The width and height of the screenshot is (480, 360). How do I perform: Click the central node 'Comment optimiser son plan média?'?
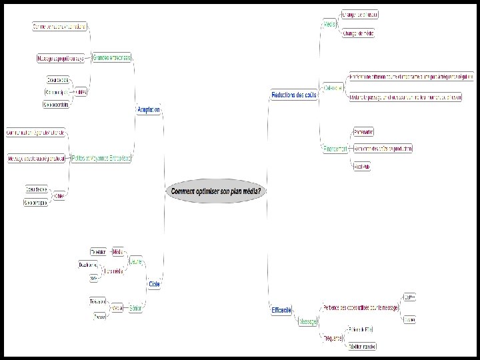coord(217,191)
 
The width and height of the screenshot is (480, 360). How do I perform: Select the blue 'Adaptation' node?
coord(149,109)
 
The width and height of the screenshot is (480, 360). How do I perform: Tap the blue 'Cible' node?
coord(155,283)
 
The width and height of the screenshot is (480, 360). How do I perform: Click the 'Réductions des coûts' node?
coord(294,95)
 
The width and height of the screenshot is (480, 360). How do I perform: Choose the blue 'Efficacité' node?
coord(281,310)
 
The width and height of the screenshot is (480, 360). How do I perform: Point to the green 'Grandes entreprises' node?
coord(112,57)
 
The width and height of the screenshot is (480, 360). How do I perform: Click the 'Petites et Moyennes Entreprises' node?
coord(101,159)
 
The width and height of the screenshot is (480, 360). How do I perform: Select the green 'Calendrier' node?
coord(333,87)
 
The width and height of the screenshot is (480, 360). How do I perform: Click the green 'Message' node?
coord(307,321)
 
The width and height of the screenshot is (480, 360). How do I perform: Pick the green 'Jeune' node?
coord(136,262)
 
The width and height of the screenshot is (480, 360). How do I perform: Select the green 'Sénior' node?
coord(136,308)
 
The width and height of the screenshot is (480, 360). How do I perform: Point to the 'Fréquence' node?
coord(333,339)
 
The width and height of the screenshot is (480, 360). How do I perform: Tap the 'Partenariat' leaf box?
coord(363,131)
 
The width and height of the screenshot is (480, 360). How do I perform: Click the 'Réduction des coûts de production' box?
coord(383,148)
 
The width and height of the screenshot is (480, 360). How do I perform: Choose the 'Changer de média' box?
coord(359,33)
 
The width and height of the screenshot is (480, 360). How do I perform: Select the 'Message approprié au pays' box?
coord(61,59)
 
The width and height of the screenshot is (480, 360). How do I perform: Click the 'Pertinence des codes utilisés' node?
coord(360,307)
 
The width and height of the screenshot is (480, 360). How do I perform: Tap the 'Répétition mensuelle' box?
coord(363,346)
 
